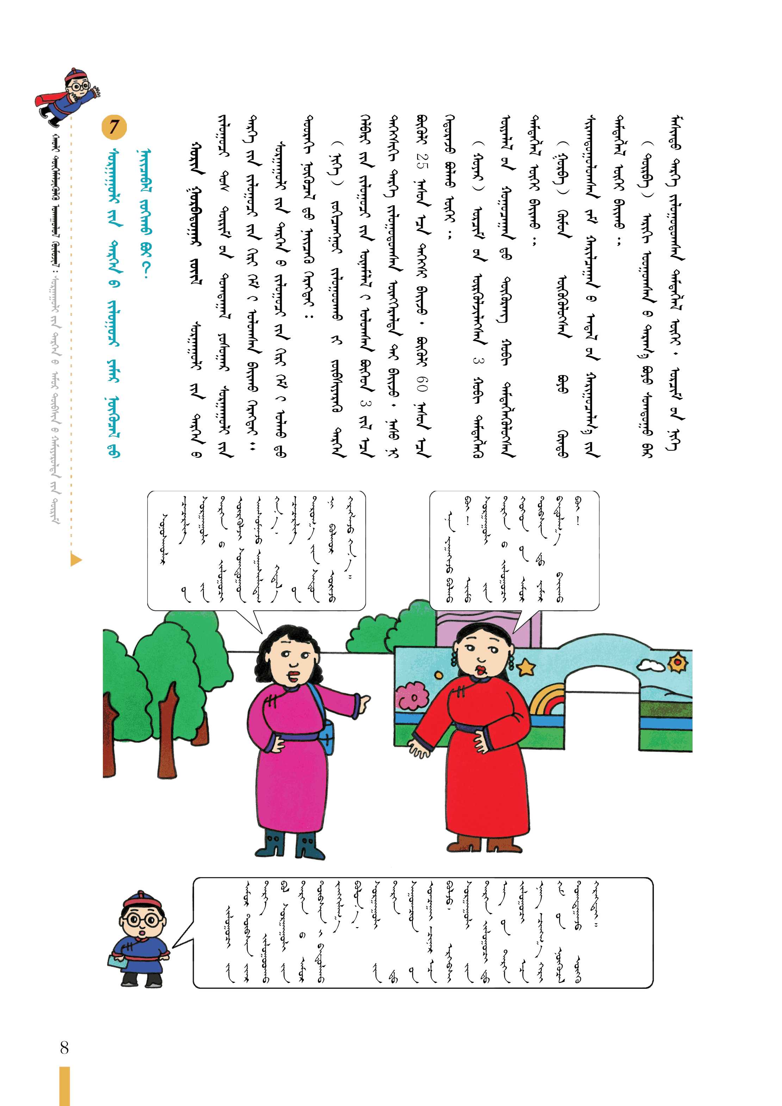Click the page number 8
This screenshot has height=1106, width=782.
(x=64, y=1047)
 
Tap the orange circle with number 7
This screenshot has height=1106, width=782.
(x=114, y=127)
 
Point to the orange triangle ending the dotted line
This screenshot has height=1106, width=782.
(x=76, y=560)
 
